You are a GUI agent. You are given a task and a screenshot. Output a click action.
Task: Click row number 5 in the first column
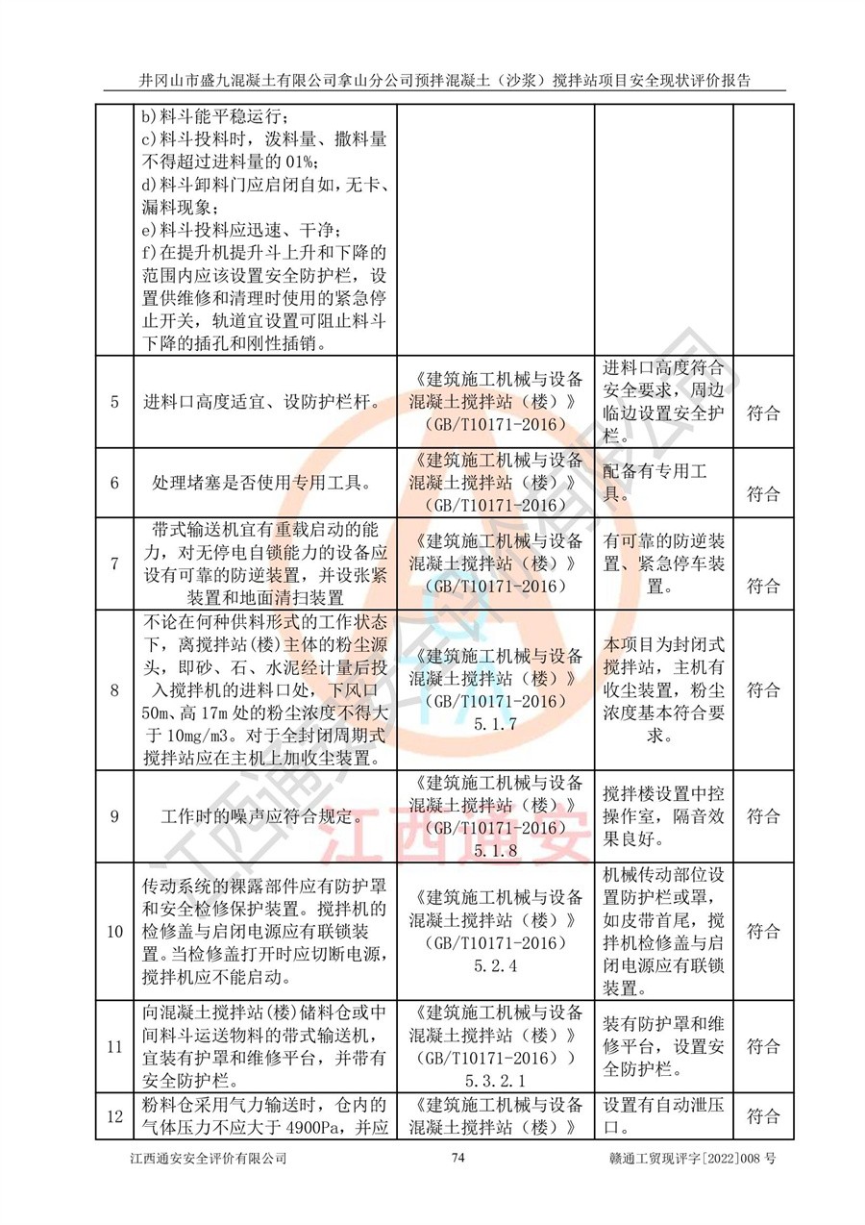[114, 403]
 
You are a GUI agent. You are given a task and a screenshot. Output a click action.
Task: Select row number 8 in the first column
[114, 689]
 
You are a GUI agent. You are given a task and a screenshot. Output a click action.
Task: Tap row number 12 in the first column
[114, 1116]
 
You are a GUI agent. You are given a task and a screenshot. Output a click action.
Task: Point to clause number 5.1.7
[496, 723]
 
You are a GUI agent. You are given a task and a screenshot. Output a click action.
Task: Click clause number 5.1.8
[496, 850]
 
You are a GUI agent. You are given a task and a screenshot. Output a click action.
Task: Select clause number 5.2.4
[496, 966]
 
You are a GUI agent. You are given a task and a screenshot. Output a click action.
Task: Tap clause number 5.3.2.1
[496, 1081]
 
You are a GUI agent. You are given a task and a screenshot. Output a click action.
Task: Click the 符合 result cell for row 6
[763, 494]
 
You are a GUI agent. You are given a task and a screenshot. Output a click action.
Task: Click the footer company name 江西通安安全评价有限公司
[209, 1159]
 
